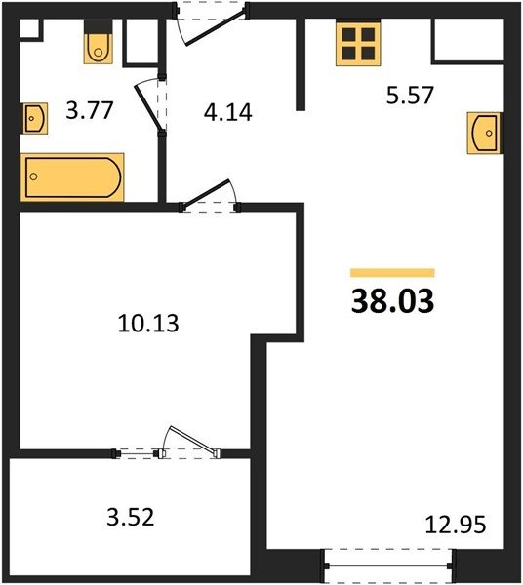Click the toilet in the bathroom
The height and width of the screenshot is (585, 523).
coord(98,42)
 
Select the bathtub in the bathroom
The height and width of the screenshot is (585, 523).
coord(72,177)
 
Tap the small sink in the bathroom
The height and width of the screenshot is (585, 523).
coord(35,118)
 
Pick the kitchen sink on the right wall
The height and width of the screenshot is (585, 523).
coord(485,133)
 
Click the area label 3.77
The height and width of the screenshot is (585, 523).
coord(89,111)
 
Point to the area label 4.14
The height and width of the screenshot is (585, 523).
coord(227,112)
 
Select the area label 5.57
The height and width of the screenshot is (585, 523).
coord(410,96)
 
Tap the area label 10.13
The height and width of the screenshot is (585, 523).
coord(148,323)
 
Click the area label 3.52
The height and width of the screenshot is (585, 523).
coord(131,518)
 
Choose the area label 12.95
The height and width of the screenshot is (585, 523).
coord(456,525)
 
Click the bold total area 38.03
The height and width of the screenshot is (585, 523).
coord(392,301)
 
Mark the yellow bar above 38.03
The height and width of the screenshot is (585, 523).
coord(392,273)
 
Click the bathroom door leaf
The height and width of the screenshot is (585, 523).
coord(149,107)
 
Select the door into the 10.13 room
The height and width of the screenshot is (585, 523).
coord(206,195)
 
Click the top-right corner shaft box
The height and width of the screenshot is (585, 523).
coord(469,40)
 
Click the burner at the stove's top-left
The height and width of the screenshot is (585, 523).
coord(348,34)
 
